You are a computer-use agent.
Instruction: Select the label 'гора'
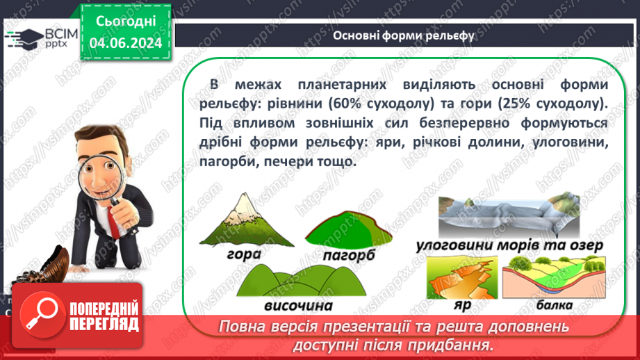243,253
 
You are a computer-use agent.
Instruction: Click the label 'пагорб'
348,256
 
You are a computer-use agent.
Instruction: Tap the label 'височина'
299,306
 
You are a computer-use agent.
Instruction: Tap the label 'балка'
554,305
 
